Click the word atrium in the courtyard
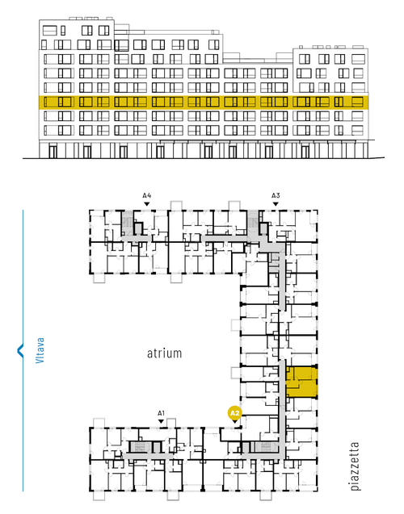pyautogui.click(x=164, y=353)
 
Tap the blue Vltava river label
pyautogui.click(x=40, y=350)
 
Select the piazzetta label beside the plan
pyautogui.click(x=355, y=466)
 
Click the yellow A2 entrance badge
pyautogui.click(x=234, y=413)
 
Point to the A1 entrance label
pyautogui.click(x=161, y=413)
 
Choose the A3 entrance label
pyautogui.click(x=276, y=196)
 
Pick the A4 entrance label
pyautogui.click(x=147, y=196)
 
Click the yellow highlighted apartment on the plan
pyautogui.click(x=302, y=382)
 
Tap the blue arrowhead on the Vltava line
pyautogui.click(x=20, y=350)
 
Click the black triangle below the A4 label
pyautogui.click(x=147, y=204)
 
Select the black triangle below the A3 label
pyautogui.click(x=276, y=204)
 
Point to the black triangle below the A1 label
pyautogui.click(x=161, y=421)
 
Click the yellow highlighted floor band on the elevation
pyautogui.click(x=204, y=102)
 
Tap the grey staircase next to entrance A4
pyautogui.click(x=127, y=223)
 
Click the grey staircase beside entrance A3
pyautogui.click(x=253, y=224)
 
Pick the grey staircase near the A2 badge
pyautogui.click(x=266, y=447)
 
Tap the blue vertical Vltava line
pyautogui.click(x=23, y=350)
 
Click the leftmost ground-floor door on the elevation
pyautogui.click(x=53, y=152)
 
